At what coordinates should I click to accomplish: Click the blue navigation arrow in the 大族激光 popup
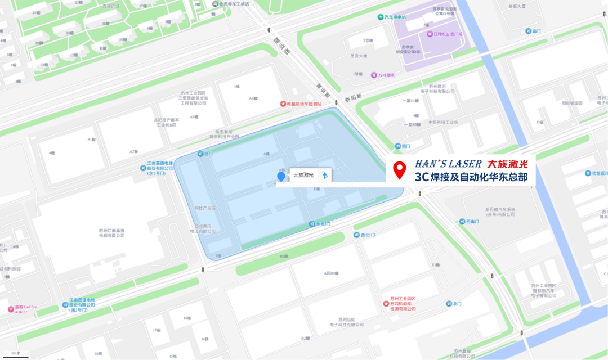[x=324, y=175]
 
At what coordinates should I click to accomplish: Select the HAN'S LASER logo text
[x=448, y=164]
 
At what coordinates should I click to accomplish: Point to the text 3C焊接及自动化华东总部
[x=472, y=177]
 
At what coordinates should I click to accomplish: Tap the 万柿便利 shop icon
[x=373, y=75]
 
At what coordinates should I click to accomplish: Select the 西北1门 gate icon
[x=356, y=235]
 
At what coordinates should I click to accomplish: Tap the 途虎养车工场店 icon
[x=215, y=4]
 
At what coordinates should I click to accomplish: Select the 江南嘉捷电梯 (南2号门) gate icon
[x=65, y=305]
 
